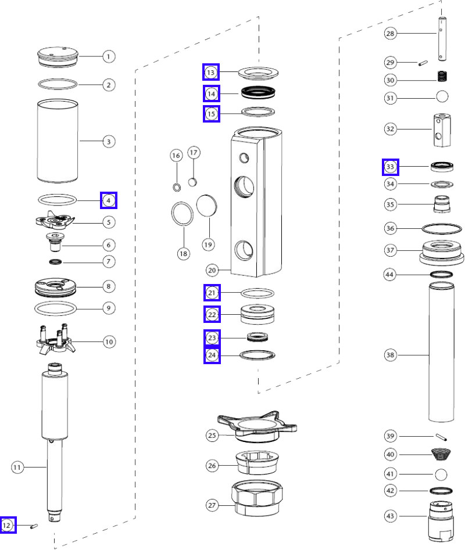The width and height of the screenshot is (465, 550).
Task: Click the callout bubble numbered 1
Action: (109, 57)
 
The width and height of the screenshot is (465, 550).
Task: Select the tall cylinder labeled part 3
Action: (58, 141)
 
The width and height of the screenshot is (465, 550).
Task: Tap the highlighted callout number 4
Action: (109, 200)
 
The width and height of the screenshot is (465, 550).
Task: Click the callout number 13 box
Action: (211, 72)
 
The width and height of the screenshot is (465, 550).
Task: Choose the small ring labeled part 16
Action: (176, 186)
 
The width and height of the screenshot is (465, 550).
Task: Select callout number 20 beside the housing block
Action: (213, 269)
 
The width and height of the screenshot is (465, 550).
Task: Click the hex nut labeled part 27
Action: (257, 499)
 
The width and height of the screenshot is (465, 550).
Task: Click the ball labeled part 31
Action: (442, 96)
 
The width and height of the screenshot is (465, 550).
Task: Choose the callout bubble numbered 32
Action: (391, 128)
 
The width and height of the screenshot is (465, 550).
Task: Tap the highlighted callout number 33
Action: (391, 167)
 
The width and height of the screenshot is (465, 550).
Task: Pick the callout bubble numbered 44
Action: (391, 274)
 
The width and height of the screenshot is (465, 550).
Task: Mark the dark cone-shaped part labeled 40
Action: (442, 454)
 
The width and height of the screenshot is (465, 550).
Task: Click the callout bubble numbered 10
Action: (109, 341)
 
